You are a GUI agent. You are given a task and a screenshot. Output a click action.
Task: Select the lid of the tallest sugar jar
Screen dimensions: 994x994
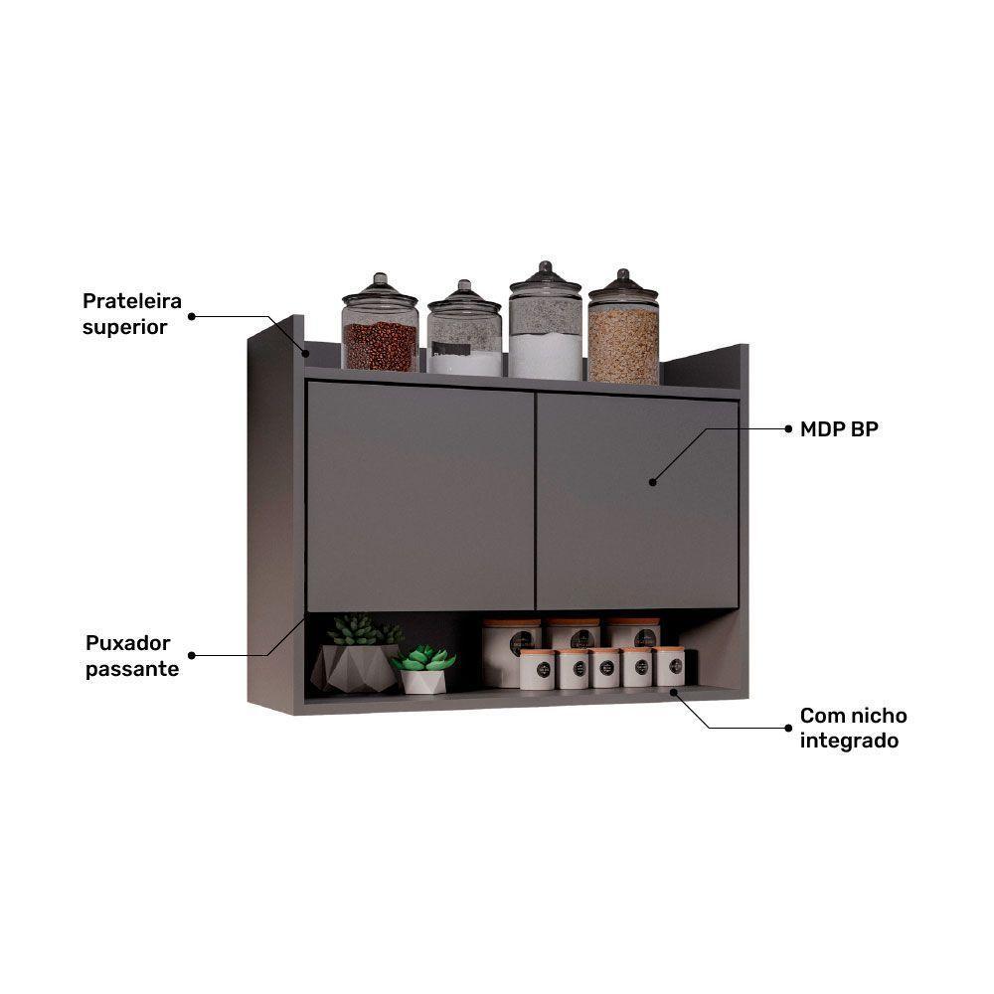(545, 277)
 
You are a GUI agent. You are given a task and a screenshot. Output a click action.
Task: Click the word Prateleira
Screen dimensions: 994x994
(132, 300)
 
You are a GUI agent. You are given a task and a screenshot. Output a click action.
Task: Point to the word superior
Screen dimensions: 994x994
(124, 327)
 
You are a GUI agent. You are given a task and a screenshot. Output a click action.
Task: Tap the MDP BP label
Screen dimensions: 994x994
(839, 429)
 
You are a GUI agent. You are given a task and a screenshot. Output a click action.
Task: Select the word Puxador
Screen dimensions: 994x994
(127, 643)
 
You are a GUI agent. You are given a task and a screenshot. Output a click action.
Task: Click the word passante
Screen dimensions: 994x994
(132, 669)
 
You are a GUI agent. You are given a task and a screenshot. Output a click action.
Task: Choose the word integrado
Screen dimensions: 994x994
(849, 741)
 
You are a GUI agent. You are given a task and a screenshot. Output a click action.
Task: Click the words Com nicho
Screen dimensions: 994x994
(853, 716)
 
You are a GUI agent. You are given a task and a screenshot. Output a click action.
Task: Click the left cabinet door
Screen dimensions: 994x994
(419, 496)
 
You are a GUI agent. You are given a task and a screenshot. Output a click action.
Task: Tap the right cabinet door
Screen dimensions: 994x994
(637, 501)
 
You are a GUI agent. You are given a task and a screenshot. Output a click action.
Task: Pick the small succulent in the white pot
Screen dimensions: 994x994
(423, 669)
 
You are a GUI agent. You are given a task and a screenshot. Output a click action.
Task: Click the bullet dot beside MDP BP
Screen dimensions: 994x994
(788, 429)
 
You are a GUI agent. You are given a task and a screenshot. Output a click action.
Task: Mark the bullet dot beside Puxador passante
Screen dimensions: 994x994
(192, 655)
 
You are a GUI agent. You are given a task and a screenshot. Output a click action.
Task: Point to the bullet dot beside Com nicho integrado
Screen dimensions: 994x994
(788, 728)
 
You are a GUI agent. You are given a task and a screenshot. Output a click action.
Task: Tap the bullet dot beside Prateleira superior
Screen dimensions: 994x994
(192, 316)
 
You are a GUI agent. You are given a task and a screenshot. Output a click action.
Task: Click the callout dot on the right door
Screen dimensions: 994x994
(653, 482)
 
